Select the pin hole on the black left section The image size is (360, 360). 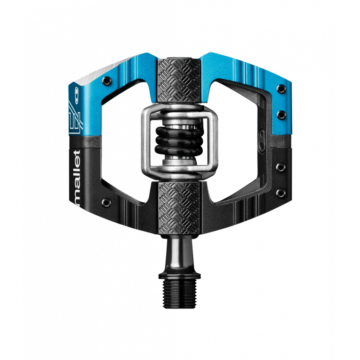(107, 203)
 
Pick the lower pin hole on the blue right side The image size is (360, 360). (280, 113)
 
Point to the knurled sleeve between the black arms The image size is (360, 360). (180, 206)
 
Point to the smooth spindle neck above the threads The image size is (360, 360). (180, 257)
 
